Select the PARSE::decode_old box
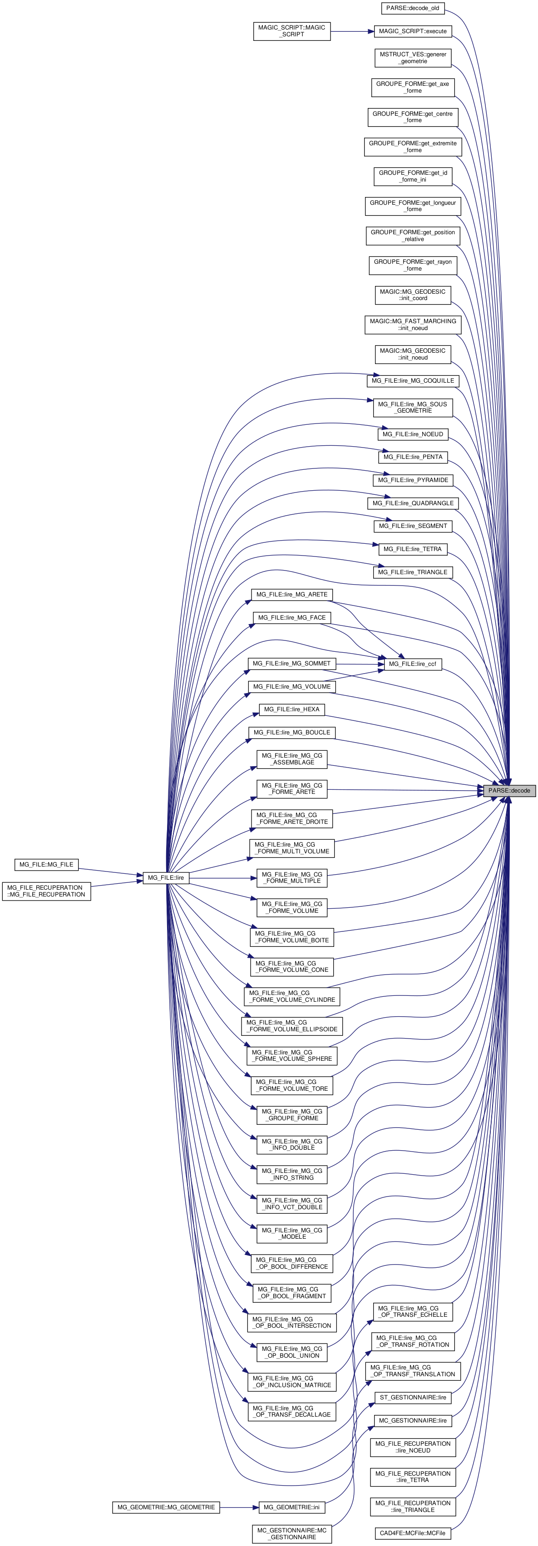click(413, 9)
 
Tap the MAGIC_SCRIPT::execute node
click(413, 31)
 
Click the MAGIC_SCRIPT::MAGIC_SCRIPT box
click(292, 31)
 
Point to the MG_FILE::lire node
click(166, 877)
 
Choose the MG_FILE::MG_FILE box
click(46, 864)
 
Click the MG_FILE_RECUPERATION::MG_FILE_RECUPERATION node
click(46, 891)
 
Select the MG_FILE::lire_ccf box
click(413, 664)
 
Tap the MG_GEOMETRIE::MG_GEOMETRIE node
click(166, 1507)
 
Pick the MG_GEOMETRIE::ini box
click(292, 1507)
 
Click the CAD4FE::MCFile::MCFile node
click(413, 1533)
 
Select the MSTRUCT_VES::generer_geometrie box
click(413, 58)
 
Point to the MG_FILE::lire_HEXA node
click(292, 709)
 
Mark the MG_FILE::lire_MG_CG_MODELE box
click(292, 1233)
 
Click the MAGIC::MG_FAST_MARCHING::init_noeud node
click(413, 325)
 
